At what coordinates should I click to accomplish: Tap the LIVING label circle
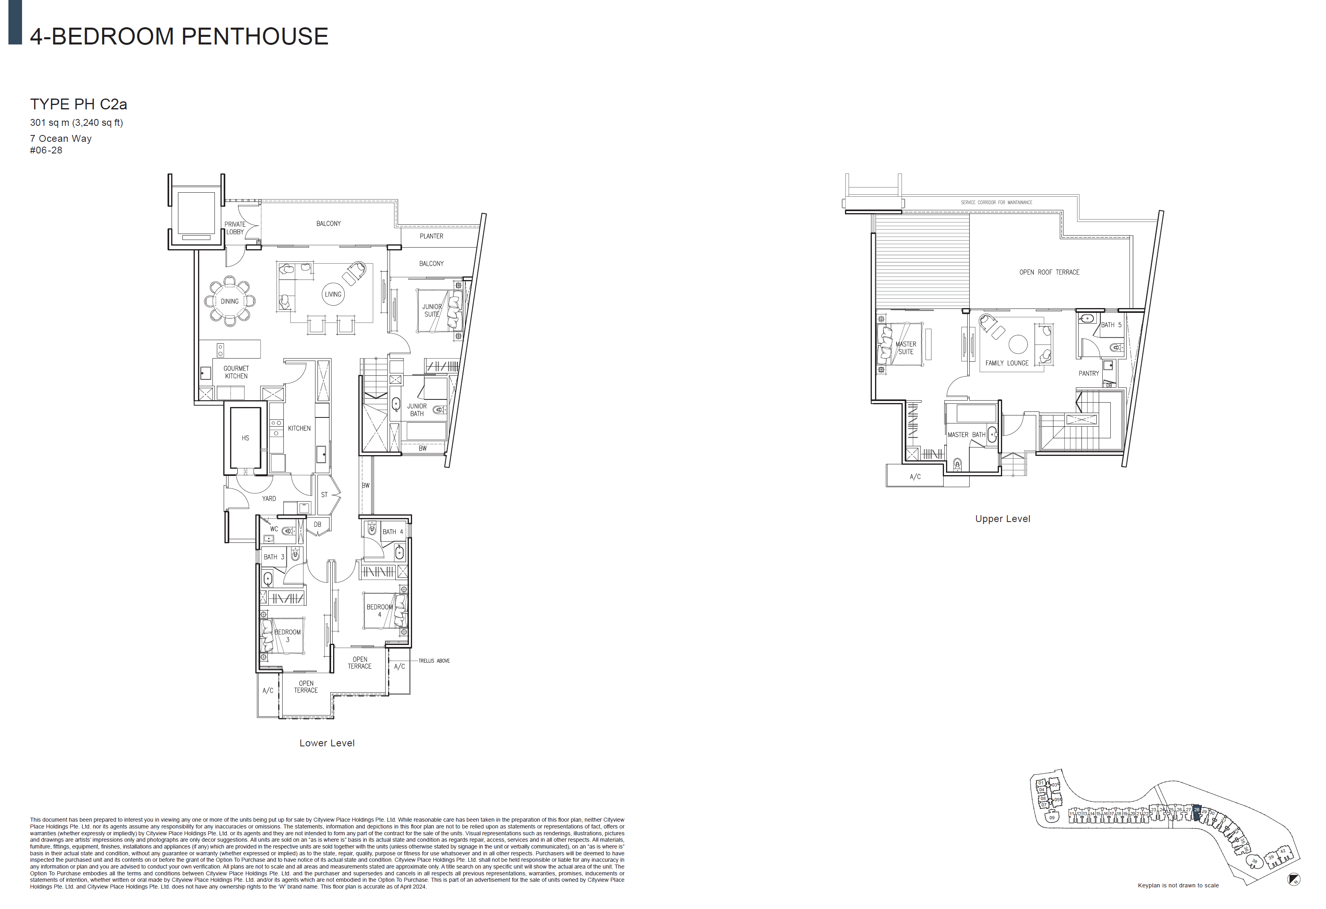333,294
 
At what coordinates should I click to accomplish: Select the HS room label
245,438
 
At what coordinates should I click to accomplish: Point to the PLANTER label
431,236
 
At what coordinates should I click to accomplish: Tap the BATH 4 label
392,532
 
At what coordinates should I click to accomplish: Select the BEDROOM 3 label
287,636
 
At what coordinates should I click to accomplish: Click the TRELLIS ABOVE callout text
434,661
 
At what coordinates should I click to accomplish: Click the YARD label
269,498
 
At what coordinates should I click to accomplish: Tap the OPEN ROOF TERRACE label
1049,272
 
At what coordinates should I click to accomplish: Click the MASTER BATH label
966,435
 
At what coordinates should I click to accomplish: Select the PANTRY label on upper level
1089,373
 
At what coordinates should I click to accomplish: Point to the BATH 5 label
1111,325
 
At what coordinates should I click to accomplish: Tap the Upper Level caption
1003,519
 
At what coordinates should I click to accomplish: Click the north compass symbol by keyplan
1294,880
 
